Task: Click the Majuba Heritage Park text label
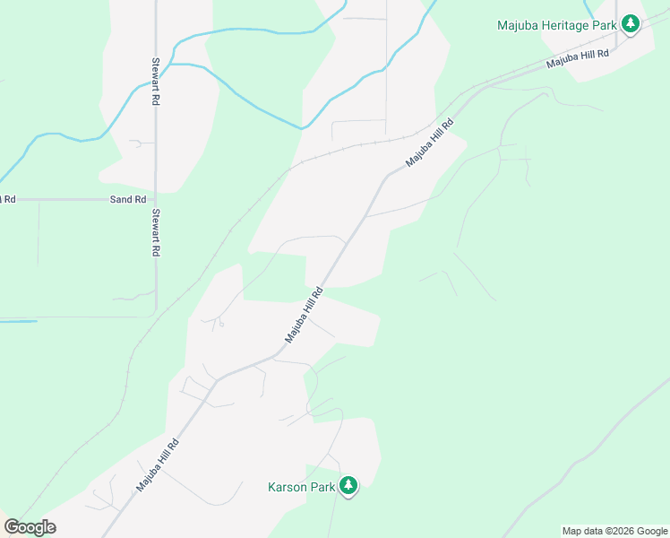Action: point(556,25)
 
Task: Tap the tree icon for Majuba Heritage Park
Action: point(631,23)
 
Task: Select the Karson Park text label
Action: point(301,488)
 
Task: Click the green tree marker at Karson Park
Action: point(348,486)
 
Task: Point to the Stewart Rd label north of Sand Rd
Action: point(155,83)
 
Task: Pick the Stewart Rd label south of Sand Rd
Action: point(155,233)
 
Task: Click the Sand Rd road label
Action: point(127,199)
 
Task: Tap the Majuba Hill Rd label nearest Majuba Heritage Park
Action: point(578,59)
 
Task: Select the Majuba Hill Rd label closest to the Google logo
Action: point(159,464)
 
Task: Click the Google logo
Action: point(30,527)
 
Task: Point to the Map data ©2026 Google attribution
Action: point(615,531)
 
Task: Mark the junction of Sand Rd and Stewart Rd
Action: point(156,199)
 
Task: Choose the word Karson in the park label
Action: point(288,488)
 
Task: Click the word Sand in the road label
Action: point(120,199)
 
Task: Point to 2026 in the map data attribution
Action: point(623,531)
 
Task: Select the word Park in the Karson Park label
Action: point(322,488)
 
